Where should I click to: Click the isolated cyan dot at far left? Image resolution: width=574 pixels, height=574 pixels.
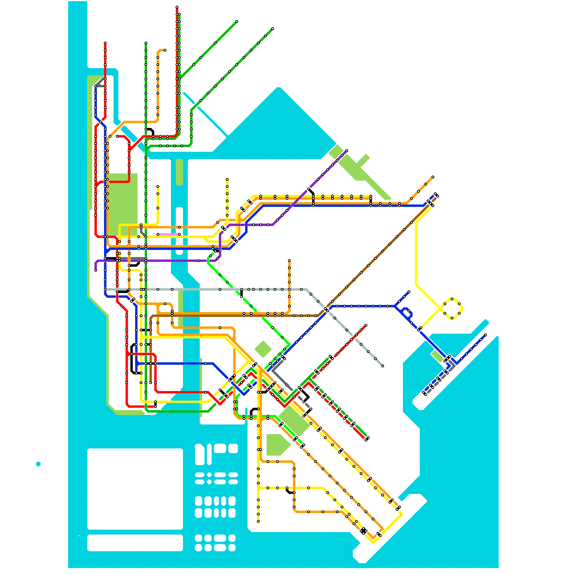[x=38, y=464]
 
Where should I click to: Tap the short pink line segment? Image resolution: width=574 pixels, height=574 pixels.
[x=168, y=234]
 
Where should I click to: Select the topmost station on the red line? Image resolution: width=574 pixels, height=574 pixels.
[x=177, y=7]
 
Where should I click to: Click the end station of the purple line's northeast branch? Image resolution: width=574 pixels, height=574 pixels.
[x=347, y=151]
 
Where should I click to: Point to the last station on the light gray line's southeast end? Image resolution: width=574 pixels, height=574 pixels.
[x=383, y=366]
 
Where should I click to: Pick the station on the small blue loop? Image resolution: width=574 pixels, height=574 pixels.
[x=409, y=311]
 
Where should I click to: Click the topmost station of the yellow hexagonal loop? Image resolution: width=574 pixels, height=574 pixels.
[x=452, y=298]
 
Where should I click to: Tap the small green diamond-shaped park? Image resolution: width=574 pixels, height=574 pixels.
[x=263, y=349]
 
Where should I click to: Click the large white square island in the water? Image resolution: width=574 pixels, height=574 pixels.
[x=135, y=489]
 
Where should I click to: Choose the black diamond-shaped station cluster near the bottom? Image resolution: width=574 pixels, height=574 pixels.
[x=363, y=530]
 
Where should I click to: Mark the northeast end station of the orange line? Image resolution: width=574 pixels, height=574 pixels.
[x=433, y=177]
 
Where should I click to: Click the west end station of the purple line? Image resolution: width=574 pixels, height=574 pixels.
[x=95, y=270]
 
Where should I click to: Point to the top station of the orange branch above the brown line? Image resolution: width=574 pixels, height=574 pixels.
[x=289, y=260]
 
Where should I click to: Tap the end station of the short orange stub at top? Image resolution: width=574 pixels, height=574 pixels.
[x=165, y=50]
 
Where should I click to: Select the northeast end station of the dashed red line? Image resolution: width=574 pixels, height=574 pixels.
[x=366, y=325]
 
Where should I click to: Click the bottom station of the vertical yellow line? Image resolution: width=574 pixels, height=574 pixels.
[x=258, y=521]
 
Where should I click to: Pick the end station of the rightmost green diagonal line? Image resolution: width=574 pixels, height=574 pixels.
[x=273, y=29]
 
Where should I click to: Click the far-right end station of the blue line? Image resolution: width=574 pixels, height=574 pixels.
[x=485, y=335]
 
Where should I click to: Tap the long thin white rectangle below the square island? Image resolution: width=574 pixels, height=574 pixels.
[x=135, y=542]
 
